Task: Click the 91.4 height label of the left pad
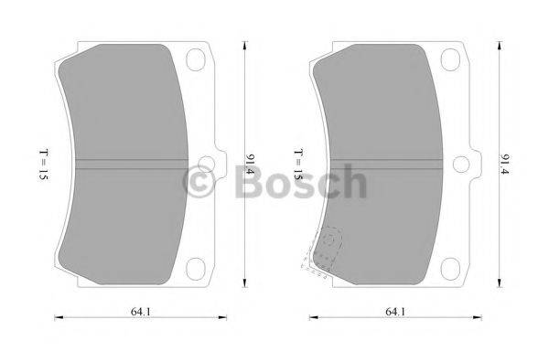click(x=249, y=165)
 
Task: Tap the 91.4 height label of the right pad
click(x=503, y=165)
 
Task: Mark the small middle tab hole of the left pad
click(x=206, y=165)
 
